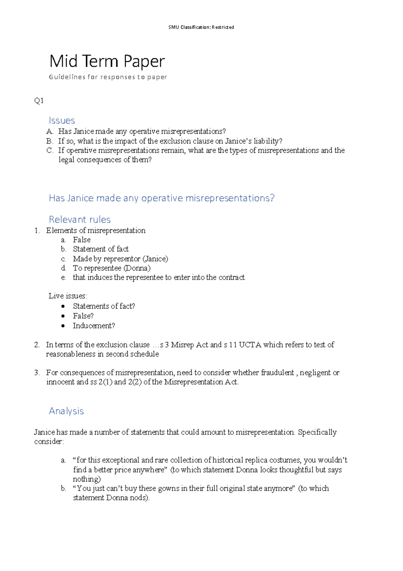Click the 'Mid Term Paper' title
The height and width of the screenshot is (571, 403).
pyautogui.click(x=107, y=62)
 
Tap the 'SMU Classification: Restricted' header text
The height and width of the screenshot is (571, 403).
pyautogui.click(x=201, y=27)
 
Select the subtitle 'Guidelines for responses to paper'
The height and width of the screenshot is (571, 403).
pyautogui.click(x=108, y=77)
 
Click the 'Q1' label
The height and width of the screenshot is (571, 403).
pyautogui.click(x=39, y=101)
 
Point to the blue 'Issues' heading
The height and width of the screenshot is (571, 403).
pyautogui.click(x=62, y=120)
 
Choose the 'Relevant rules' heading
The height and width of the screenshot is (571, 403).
pyautogui.click(x=80, y=219)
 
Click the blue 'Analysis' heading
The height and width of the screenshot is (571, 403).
pyautogui.click(x=66, y=411)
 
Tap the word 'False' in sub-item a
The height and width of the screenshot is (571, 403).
pyautogui.click(x=82, y=240)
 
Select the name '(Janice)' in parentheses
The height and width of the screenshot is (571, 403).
pyautogui.click(x=155, y=259)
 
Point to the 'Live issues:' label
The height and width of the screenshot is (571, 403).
pyautogui.click(x=68, y=296)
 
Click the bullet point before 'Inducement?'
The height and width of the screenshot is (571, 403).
pyautogui.click(x=63, y=326)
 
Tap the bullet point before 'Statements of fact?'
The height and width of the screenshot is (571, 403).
pyautogui.click(x=63, y=306)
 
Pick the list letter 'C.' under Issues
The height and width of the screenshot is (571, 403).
pyautogui.click(x=50, y=150)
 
